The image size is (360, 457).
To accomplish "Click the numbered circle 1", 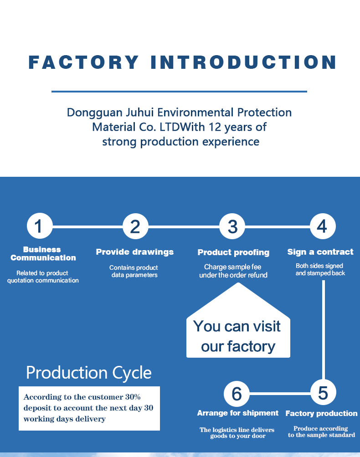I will [x=40, y=226].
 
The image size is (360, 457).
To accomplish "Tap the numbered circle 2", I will [x=135, y=226].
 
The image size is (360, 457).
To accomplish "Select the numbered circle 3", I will [x=232, y=226].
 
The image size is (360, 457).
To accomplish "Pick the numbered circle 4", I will [x=322, y=226].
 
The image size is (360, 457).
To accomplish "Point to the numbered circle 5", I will [x=323, y=393].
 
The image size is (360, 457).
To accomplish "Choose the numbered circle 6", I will [x=237, y=393].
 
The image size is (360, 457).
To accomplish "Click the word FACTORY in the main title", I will [x=83, y=62].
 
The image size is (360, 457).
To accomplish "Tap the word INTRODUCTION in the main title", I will [x=244, y=62].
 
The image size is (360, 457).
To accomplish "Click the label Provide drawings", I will [x=134, y=252].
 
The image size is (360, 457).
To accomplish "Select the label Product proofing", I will [x=233, y=252].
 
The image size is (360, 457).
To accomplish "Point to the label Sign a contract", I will [x=320, y=252].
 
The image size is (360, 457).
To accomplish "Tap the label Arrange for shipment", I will [x=237, y=413].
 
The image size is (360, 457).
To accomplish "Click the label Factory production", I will [x=321, y=414].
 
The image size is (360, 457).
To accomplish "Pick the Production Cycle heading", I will [x=89, y=373].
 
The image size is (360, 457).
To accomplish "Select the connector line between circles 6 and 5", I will [x=280, y=393].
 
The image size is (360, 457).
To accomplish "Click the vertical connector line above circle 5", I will [x=323, y=328].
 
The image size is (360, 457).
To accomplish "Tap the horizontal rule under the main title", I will [x=179, y=92].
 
